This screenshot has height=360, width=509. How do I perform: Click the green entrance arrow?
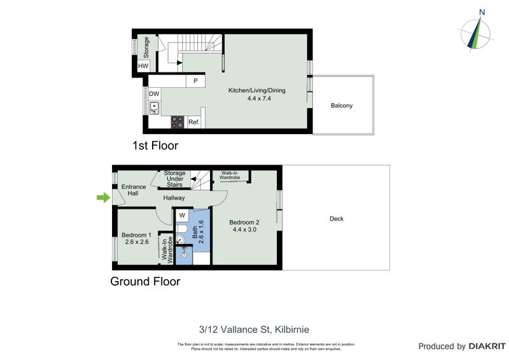[x=102, y=198]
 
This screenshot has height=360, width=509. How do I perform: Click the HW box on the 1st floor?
[x=143, y=66]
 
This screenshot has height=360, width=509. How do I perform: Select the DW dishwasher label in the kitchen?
[x=154, y=93]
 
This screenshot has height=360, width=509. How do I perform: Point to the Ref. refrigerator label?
[x=194, y=122]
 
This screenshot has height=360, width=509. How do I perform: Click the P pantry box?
[x=195, y=81]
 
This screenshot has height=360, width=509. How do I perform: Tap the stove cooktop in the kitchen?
[x=178, y=122]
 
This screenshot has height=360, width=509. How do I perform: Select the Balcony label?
[x=341, y=106]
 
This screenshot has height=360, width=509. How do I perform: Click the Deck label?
[x=337, y=219]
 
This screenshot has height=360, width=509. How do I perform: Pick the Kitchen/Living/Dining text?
[x=257, y=90]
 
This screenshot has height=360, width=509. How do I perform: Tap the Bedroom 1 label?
[x=136, y=235]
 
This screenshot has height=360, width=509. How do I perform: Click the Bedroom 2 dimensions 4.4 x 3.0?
[x=245, y=229]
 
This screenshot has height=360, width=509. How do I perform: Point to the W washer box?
[x=182, y=215]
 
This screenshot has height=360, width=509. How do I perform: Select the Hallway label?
[x=174, y=198]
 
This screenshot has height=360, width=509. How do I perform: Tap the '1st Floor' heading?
[x=155, y=146]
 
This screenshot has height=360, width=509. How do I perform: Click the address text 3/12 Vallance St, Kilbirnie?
[x=254, y=329]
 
